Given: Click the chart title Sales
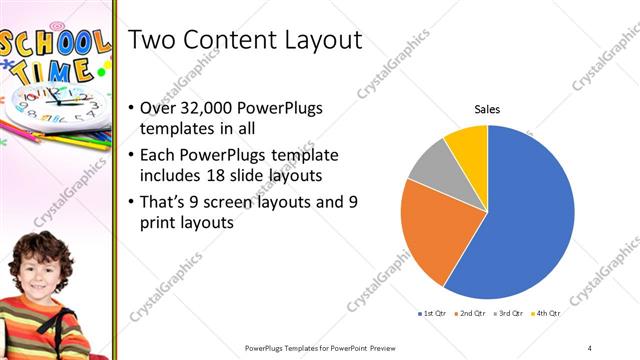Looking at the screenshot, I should pos(487,109).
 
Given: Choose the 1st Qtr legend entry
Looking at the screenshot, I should pos(432,314).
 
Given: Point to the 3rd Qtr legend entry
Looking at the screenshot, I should pos(508,314).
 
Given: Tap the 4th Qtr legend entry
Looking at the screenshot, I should pos(546,314).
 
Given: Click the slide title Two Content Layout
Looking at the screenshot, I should pos(245,40).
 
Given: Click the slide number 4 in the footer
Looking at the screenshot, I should pos(590,347).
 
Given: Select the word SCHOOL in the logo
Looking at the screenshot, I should pos(55,45).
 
